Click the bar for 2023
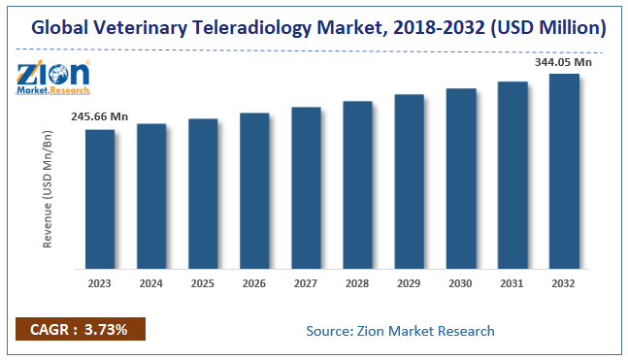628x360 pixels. coord(99,199)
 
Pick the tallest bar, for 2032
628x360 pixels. coord(564,172)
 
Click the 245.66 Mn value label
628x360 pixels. coord(98,117)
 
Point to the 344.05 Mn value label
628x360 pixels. coord(564,61)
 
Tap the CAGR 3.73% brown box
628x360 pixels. coord(80,329)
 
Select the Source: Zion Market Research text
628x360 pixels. coord(400,331)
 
